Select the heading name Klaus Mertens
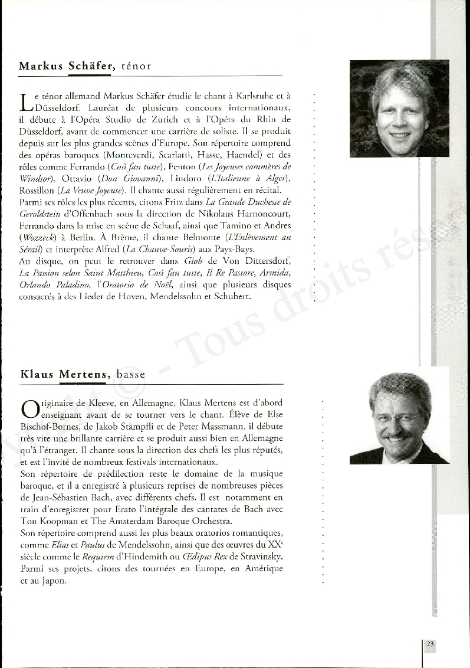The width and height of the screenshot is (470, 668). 65,374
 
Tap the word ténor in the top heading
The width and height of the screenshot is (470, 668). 136,66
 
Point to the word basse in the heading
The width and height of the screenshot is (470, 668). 131,374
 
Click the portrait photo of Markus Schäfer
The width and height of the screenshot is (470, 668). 399,109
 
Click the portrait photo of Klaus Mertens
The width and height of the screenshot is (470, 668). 399,418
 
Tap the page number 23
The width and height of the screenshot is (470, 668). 430,644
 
